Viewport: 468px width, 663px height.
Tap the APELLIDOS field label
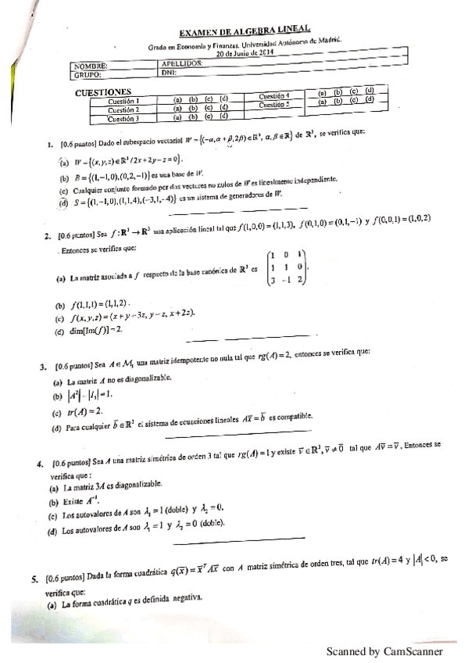[x=182, y=63]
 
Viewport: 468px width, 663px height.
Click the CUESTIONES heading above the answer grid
[x=109, y=91]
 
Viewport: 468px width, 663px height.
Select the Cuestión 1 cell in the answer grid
[x=123, y=101]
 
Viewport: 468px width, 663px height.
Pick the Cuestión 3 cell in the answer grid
[x=123, y=119]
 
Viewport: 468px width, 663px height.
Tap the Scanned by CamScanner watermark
[x=384, y=650]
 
